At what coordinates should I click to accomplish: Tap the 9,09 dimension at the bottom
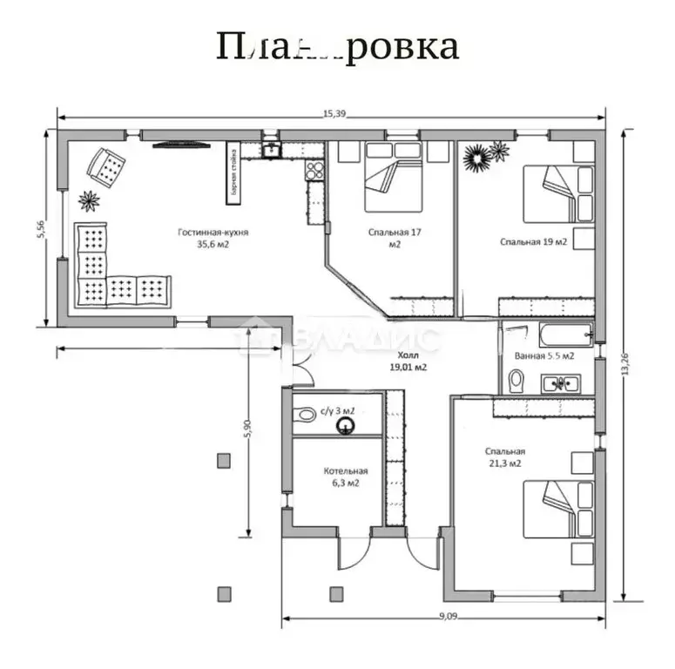[447, 616]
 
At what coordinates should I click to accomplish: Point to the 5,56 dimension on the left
[41, 231]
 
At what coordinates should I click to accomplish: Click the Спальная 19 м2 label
[533, 241]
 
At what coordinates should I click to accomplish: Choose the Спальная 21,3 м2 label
[505, 457]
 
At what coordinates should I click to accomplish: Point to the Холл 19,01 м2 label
[408, 362]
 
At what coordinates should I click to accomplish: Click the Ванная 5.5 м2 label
[544, 355]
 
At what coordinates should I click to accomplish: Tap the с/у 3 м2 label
[337, 409]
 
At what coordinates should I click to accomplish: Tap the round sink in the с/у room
[347, 425]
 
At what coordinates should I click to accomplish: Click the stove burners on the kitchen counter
[314, 171]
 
